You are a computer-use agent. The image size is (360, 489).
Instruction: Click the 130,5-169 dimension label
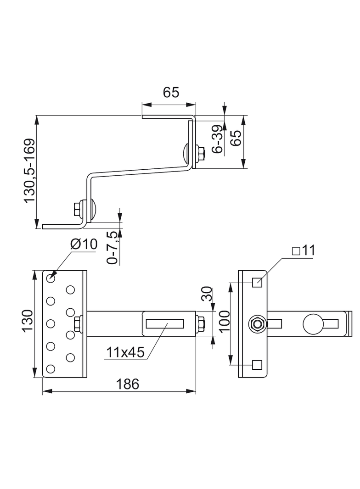[30, 171]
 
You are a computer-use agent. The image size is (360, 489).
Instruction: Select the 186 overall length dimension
[127, 384]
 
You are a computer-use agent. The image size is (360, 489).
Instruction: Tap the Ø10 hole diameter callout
[84, 244]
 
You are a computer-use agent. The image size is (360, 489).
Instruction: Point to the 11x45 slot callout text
[125, 352]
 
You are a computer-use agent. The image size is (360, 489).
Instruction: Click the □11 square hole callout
[304, 250]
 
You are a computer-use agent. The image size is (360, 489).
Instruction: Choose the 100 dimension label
[225, 322]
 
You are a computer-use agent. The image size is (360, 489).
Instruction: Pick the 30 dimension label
[207, 294]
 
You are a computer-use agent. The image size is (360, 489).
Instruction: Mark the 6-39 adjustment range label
[217, 139]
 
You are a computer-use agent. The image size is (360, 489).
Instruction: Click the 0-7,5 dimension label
[112, 248]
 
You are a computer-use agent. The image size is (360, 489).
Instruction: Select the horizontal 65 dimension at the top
[171, 92]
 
